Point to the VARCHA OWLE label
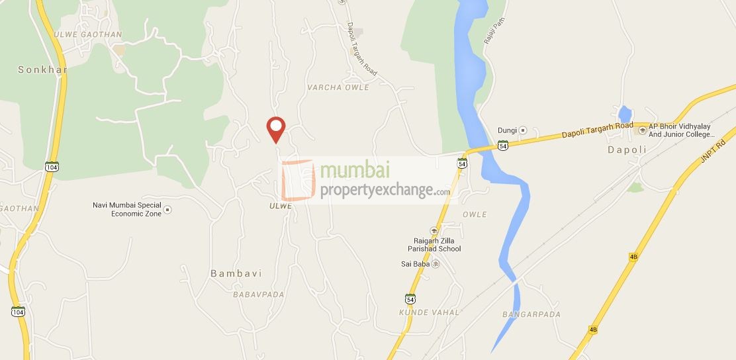point(338,87)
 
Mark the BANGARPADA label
point(531,314)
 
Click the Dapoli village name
point(626,150)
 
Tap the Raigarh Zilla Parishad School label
point(434,244)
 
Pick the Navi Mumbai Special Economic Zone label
point(127,209)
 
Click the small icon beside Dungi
point(522,130)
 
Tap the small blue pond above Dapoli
point(624,113)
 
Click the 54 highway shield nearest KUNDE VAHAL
point(410,298)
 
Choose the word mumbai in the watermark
point(354,170)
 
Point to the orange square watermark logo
point(299,180)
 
